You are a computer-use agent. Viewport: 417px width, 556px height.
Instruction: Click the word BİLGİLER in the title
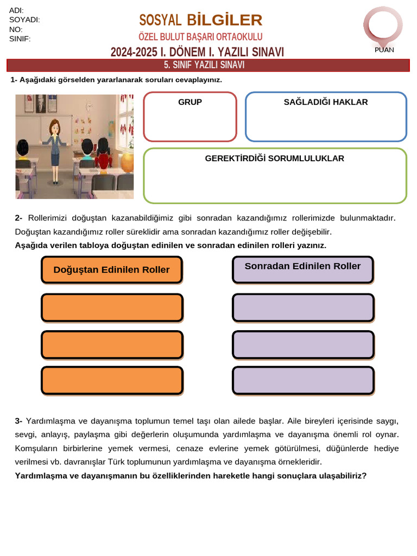click(224, 20)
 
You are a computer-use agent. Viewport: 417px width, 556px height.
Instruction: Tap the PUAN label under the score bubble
click(384, 50)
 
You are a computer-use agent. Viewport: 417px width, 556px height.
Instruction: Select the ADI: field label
click(16, 11)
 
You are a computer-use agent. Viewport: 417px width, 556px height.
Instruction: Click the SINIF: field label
click(20, 39)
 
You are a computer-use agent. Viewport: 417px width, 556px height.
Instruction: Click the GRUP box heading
click(190, 102)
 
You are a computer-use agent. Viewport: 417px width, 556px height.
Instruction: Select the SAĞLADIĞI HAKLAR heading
click(326, 102)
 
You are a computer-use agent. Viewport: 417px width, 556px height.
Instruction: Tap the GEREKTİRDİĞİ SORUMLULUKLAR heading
click(275, 159)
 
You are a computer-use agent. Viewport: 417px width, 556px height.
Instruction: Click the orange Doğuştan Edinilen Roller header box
click(112, 270)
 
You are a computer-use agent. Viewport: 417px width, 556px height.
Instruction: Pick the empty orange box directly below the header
click(112, 307)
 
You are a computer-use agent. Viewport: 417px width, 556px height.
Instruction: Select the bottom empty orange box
click(112, 380)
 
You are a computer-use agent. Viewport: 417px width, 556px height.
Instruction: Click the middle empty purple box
click(303, 344)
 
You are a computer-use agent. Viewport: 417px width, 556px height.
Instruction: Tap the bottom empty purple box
click(303, 380)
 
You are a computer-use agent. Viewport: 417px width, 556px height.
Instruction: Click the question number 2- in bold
click(18, 218)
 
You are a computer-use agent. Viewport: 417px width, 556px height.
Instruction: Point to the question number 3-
click(18, 421)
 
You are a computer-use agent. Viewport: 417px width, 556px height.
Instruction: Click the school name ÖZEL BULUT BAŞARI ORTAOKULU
click(200, 37)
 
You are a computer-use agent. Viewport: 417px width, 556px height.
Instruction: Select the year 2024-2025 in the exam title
click(134, 52)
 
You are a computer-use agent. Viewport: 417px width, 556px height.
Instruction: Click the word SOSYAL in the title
click(160, 21)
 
